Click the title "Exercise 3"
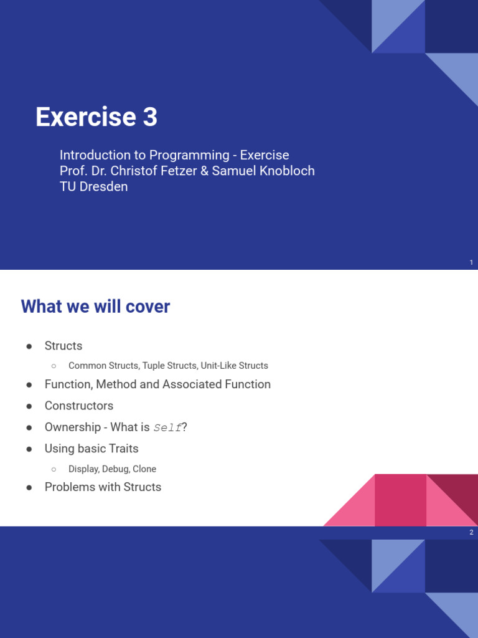(x=96, y=117)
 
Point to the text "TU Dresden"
(x=93, y=186)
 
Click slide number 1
(x=472, y=263)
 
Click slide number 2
(x=472, y=533)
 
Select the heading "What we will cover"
(x=95, y=307)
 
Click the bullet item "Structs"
(x=63, y=346)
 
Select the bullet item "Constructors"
(x=79, y=406)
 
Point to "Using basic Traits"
(x=91, y=449)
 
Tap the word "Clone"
(x=144, y=469)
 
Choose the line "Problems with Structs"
(x=103, y=487)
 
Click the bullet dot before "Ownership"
(x=29, y=428)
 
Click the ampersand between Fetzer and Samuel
(x=204, y=171)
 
